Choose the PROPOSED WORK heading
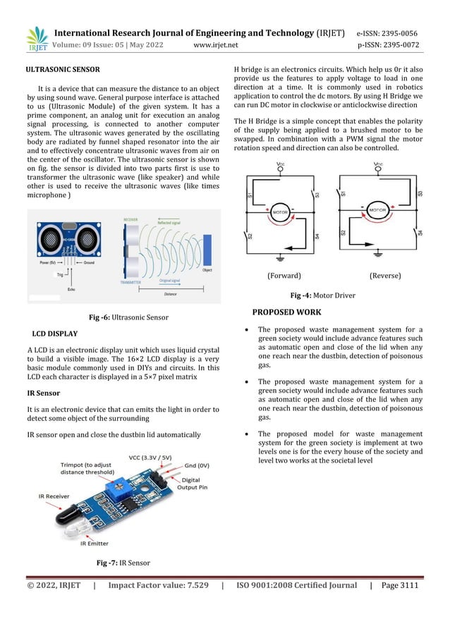[286, 312]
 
